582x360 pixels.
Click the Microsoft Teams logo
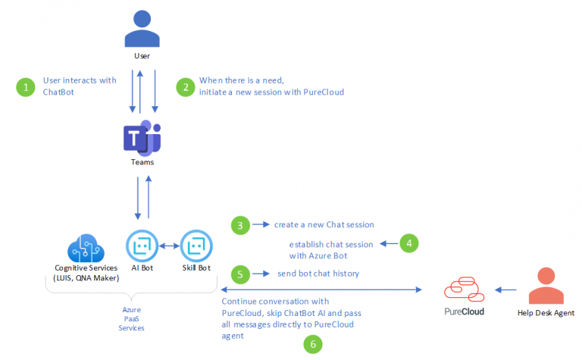142,137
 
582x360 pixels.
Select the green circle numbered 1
27,87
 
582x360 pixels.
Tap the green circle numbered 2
184,87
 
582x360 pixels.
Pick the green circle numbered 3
240,225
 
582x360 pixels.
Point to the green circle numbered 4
408,244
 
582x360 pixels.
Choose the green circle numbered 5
240,272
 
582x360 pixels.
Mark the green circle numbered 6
312,344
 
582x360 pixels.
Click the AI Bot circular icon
142,246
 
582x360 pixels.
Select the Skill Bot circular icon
196,246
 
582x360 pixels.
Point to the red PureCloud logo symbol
462,290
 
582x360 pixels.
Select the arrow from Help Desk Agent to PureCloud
505,290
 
